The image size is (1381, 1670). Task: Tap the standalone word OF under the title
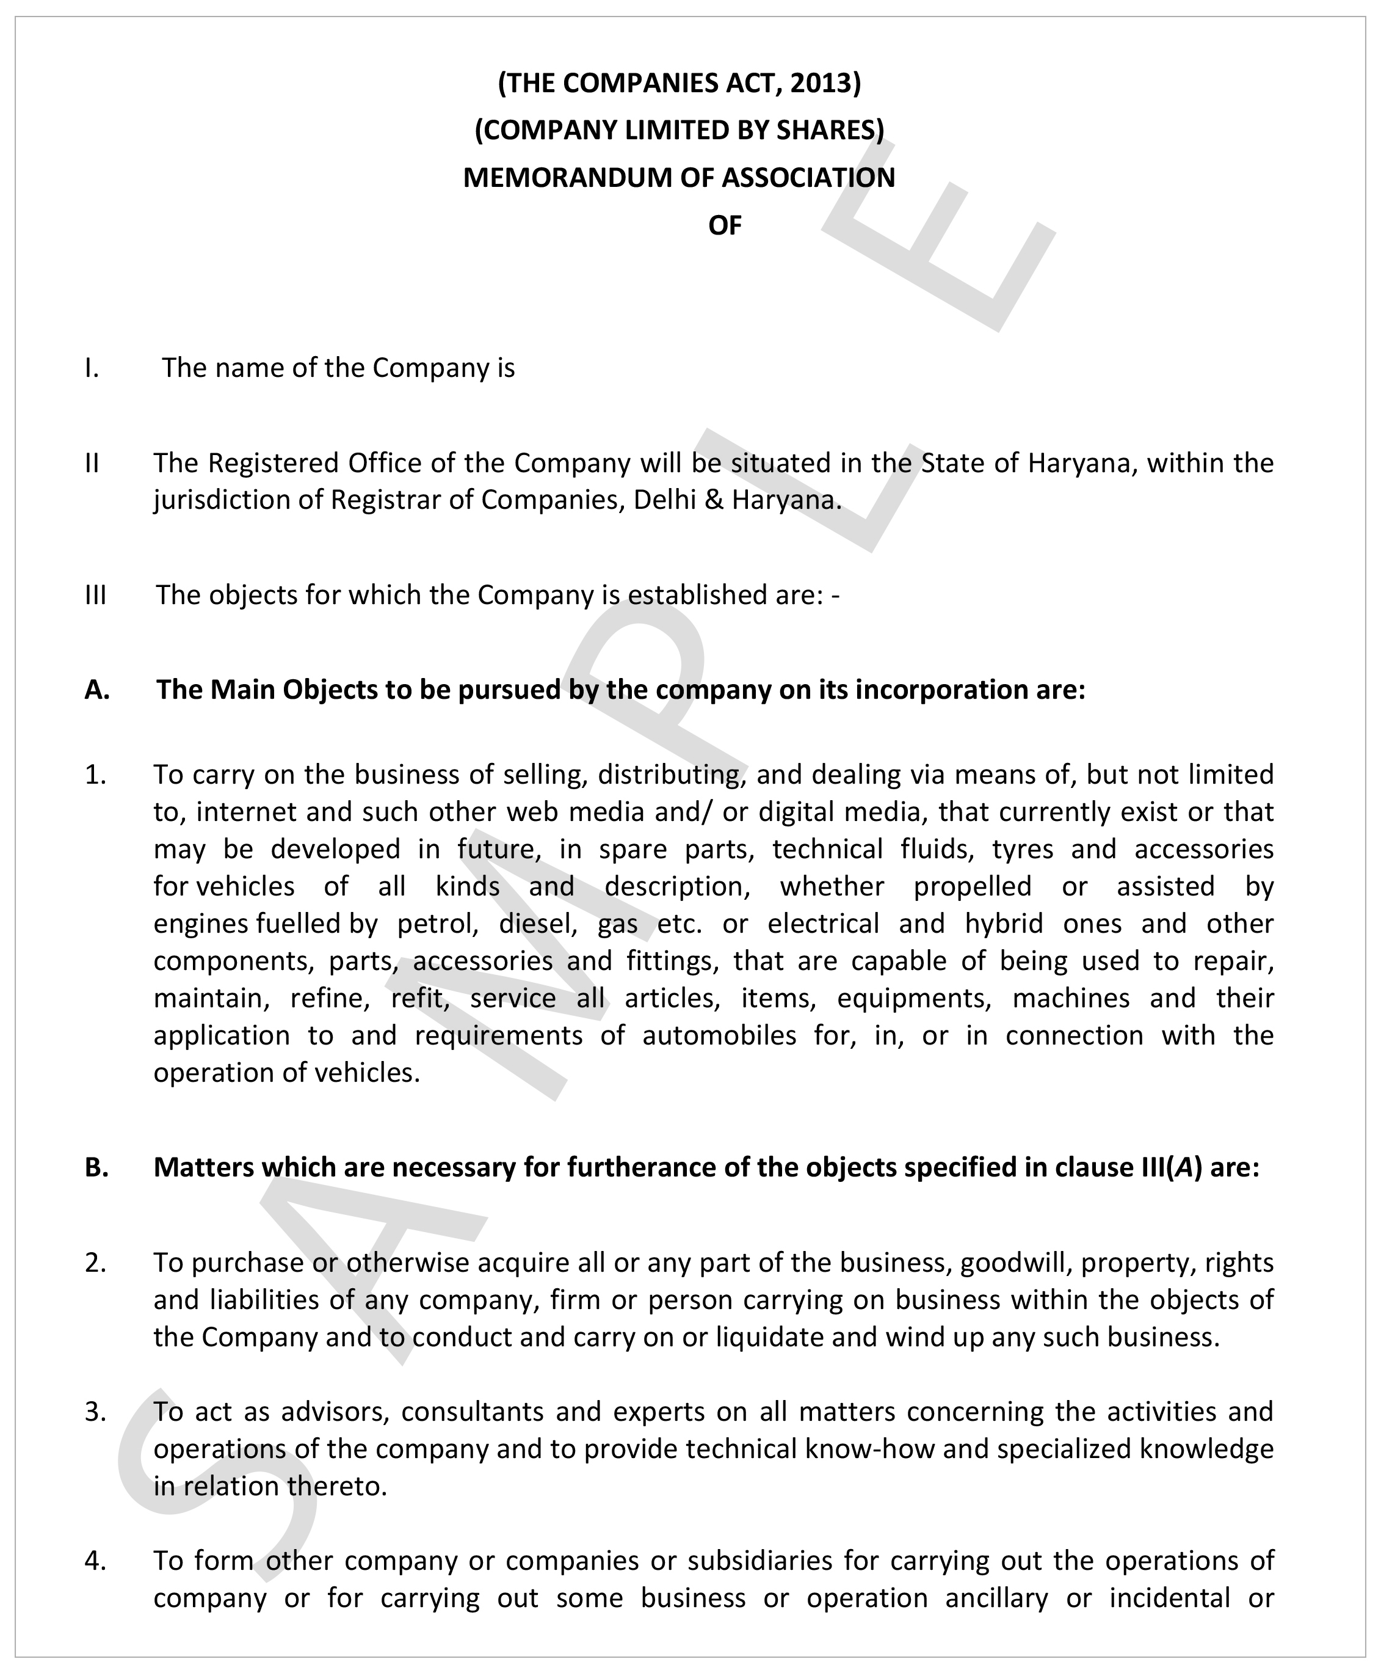[724, 226]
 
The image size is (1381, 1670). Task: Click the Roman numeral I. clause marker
[92, 368]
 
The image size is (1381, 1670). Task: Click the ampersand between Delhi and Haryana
[713, 500]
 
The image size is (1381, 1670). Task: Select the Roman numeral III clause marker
[95, 595]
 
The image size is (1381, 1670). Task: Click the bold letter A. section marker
[97, 690]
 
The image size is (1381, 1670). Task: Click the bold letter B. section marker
[96, 1167]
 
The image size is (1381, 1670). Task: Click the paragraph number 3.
[95, 1412]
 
